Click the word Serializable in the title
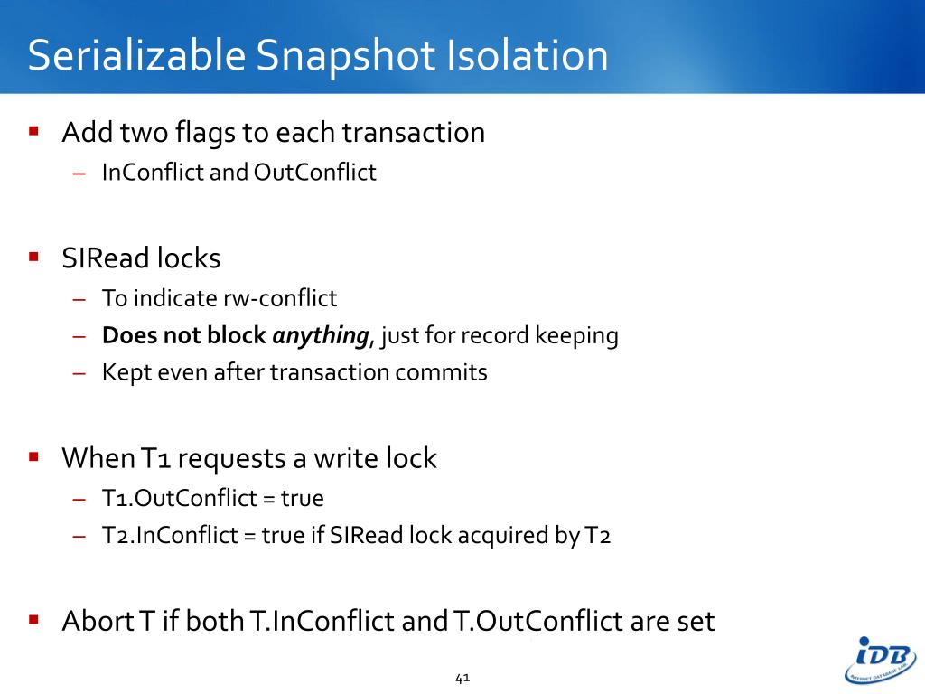click(x=135, y=56)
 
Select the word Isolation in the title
click(x=526, y=56)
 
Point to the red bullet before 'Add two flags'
click(x=34, y=131)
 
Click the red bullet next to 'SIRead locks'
click(x=34, y=257)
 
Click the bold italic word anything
click(x=321, y=336)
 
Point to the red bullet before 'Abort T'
click(x=34, y=620)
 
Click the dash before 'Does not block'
click(x=79, y=336)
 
